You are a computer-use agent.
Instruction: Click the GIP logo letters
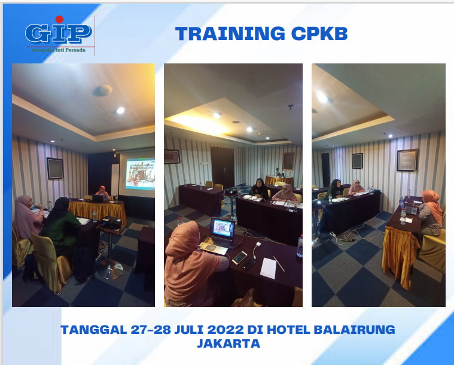pyautogui.click(x=58, y=33)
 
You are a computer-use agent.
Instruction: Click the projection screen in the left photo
pyautogui.click(x=136, y=174)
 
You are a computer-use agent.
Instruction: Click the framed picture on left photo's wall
pyautogui.click(x=55, y=168)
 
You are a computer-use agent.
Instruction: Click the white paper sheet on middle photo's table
pyautogui.click(x=269, y=267)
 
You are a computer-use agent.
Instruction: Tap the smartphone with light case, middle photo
pyautogui.click(x=239, y=258)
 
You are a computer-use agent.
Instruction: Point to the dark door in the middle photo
pyautogui.click(x=222, y=166)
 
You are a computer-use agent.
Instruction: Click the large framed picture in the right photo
pyautogui.click(x=407, y=160)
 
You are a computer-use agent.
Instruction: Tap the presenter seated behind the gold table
pyautogui.click(x=103, y=193)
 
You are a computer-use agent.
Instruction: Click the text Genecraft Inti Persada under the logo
pyautogui.click(x=58, y=50)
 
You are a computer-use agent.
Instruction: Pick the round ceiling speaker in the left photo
pyautogui.click(x=102, y=90)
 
